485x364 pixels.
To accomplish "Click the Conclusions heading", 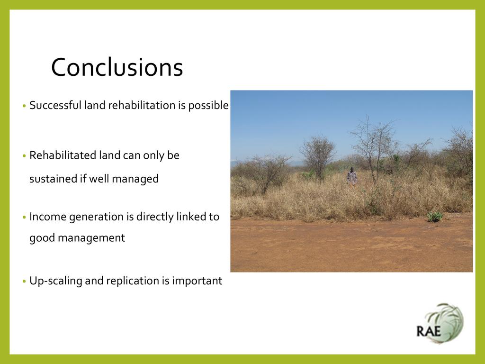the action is (117, 67).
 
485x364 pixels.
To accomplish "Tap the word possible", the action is (208, 106).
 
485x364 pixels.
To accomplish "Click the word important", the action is (197, 281).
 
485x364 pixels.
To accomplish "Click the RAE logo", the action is (440, 324).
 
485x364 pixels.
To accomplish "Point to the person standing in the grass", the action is (352, 176).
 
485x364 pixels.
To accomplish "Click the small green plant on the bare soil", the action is (435, 217).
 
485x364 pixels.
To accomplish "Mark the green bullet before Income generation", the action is (25, 217).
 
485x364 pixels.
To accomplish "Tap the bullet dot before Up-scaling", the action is (25, 282).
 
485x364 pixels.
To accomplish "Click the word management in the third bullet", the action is (91, 238).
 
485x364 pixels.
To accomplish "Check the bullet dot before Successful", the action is (25, 106).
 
